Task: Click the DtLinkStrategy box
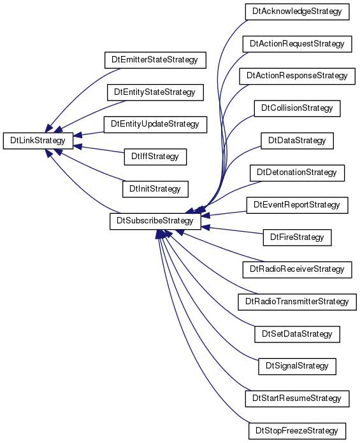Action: click(38, 141)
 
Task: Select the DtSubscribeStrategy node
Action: click(155, 221)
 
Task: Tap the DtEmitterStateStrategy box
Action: click(155, 60)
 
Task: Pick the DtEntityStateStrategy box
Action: click(155, 92)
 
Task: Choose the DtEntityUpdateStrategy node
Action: click(155, 125)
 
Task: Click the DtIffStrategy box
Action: click(155, 157)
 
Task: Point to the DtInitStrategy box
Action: click(155, 189)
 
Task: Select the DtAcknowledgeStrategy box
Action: click(297, 12)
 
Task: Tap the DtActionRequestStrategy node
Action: click(297, 44)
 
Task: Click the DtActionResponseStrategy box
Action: click(297, 76)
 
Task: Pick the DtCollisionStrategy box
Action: click(297, 108)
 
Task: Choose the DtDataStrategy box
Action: click(297, 141)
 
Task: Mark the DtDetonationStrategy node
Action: click(297, 173)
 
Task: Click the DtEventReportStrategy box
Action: click(297, 205)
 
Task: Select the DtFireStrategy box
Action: click(297, 237)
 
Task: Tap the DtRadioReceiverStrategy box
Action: click(297, 269)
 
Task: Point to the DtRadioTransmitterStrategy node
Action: click(297, 302)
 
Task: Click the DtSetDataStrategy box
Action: click(297, 334)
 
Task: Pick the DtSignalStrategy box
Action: click(297, 367)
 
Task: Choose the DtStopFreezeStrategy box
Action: click(297, 431)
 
